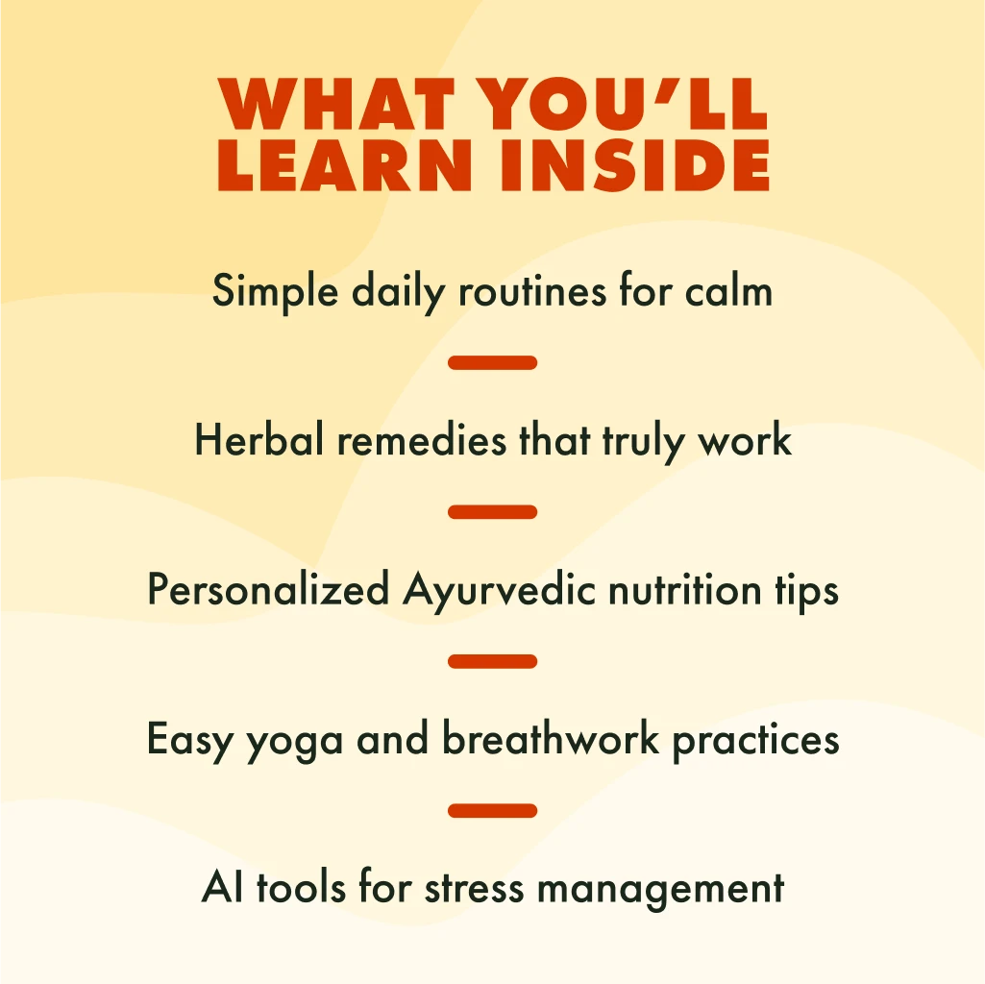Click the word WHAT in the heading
336,104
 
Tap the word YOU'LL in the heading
622,104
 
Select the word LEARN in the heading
344,164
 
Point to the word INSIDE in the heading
634,164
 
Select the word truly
643,442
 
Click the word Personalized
268,590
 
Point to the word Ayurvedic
499,592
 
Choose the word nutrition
685,590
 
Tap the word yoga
295,742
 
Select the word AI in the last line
222,887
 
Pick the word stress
475,889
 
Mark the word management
661,891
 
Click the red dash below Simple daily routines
492,362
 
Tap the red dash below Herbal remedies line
492,512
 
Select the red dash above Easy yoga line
492,661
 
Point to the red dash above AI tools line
492,811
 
